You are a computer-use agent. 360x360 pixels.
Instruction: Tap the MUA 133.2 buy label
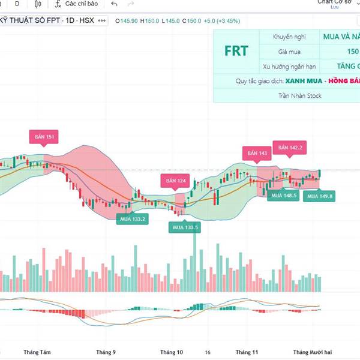click(133, 219)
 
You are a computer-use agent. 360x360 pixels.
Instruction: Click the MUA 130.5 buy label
click(185, 227)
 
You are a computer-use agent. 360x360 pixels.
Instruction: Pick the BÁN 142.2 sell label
click(290, 147)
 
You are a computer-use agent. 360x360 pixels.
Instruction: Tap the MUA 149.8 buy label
click(319, 196)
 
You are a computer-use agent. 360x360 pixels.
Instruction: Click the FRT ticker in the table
click(236, 51)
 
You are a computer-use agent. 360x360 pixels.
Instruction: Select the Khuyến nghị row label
click(289, 37)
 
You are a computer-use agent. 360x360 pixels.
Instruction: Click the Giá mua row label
click(289, 52)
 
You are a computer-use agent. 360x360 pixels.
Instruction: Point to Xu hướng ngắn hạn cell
click(289, 66)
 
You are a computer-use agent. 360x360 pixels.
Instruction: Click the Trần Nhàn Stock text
click(300, 95)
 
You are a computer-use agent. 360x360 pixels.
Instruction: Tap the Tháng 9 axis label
click(106, 352)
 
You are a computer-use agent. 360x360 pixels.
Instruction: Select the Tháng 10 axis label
click(171, 352)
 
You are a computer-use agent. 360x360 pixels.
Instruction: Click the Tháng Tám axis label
click(35, 352)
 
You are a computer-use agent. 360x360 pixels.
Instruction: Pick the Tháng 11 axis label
click(247, 352)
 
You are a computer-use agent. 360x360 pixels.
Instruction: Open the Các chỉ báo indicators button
click(76, 4)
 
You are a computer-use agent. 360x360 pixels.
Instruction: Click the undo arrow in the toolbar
click(114, 4)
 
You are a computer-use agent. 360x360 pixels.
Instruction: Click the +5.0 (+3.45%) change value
click(221, 21)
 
